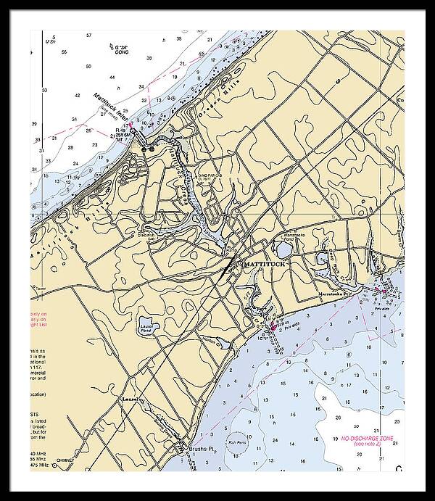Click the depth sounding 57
[88, 35]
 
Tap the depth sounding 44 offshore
[112, 76]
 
